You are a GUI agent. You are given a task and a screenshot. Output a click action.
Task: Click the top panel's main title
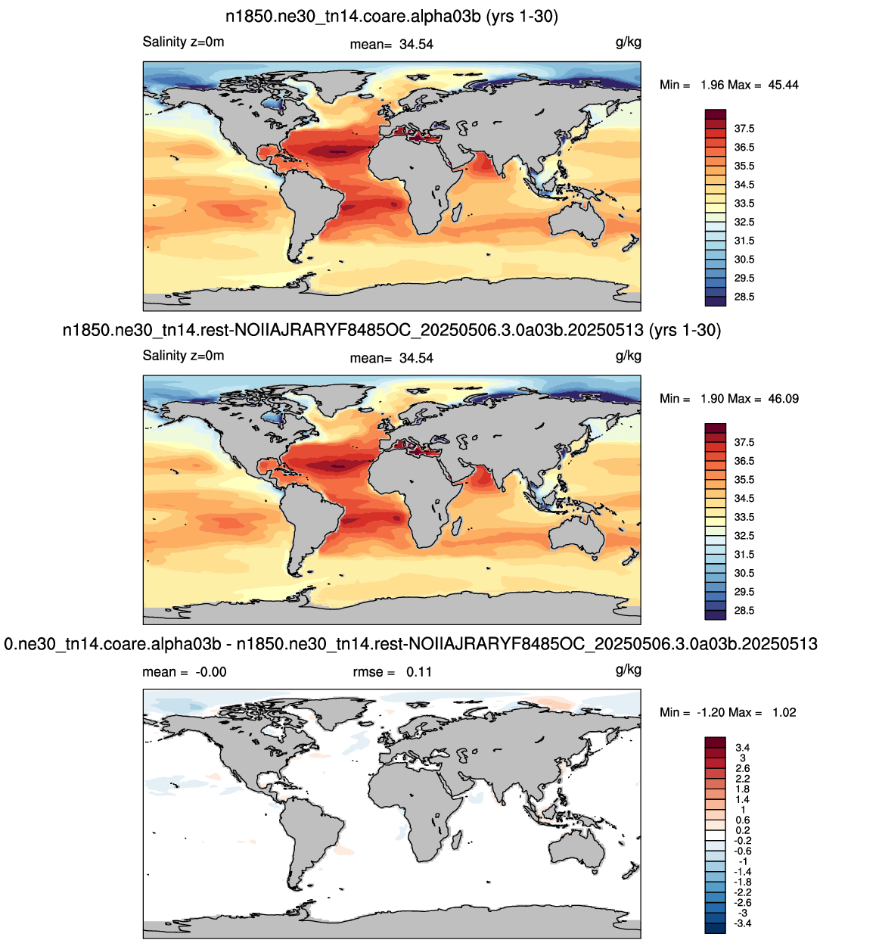pos(392,17)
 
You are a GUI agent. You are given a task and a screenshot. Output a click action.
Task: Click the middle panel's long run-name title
pos(392,330)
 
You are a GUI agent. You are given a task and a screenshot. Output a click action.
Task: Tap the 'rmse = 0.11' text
pos(392,672)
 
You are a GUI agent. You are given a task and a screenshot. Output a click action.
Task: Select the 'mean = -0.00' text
pos(184,672)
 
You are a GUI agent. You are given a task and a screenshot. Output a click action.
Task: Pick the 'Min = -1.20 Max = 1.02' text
pos(728,712)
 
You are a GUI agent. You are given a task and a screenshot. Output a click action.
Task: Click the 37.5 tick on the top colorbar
pos(744,129)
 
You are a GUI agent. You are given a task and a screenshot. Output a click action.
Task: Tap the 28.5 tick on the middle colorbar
pos(744,611)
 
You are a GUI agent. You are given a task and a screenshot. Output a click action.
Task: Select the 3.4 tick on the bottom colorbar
pos(742,748)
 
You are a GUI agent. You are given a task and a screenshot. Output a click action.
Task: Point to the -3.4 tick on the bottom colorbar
pos(742,923)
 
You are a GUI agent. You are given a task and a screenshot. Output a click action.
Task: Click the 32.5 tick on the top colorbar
pos(744,223)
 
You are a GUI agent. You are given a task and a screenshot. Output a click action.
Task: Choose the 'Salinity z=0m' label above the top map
pos(183,42)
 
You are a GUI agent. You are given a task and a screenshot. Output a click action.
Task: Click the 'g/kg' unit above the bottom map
pos(629,670)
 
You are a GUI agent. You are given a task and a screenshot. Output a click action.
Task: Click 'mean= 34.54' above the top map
pos(392,45)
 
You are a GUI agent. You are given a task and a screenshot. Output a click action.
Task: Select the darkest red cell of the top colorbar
pos(716,114)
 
